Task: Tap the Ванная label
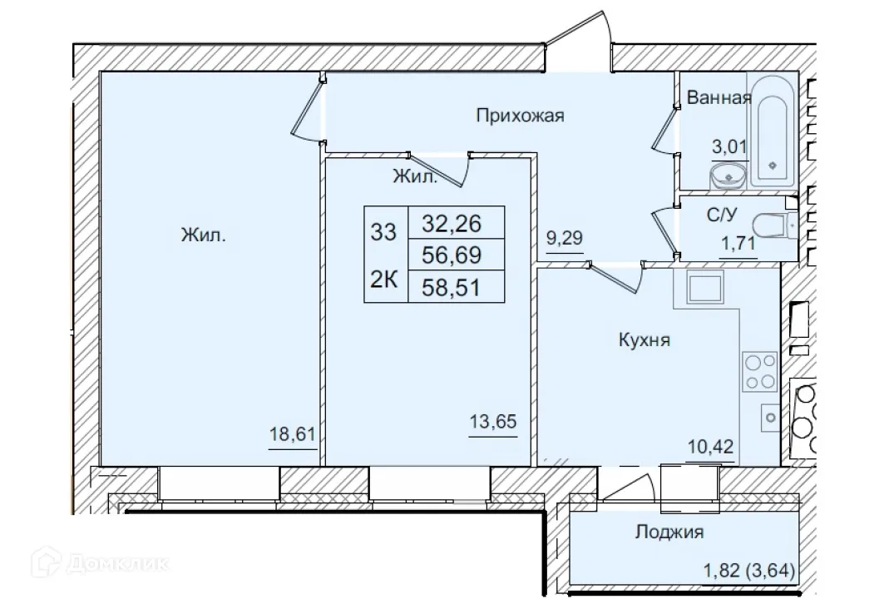pyautogui.click(x=719, y=98)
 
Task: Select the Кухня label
pyautogui.click(x=645, y=339)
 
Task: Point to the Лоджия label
pyautogui.click(x=669, y=532)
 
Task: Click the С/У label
pyautogui.click(x=721, y=215)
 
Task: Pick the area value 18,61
pyautogui.click(x=292, y=435)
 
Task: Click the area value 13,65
pyautogui.click(x=494, y=422)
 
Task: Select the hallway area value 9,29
pyautogui.click(x=564, y=237)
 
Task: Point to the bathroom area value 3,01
pyautogui.click(x=729, y=147)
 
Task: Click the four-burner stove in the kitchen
pyautogui.click(x=760, y=371)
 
